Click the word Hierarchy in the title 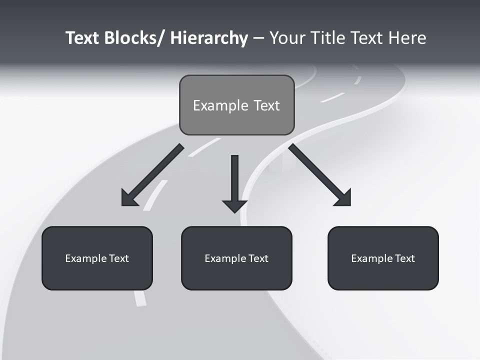point(209,38)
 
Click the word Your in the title point(287,38)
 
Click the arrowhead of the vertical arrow point(234,205)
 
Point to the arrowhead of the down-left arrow point(129,198)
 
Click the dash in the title point(258,38)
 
